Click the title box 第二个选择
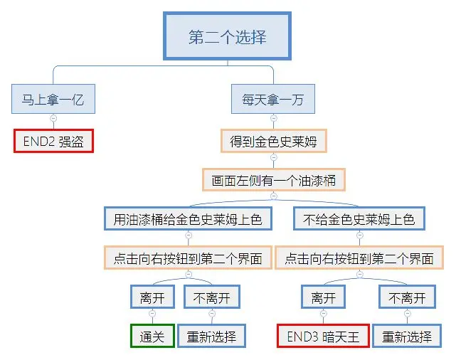tap(228, 37)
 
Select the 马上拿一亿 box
tap(53, 100)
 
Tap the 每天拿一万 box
tap(273, 100)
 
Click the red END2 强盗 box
tap(53, 141)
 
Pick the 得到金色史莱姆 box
tap(273, 141)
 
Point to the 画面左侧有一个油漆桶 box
tap(273, 180)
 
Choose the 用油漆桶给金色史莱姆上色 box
tap(188, 219)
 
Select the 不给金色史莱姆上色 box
tap(359, 219)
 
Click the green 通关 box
tap(152, 336)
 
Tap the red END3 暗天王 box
tap(323, 336)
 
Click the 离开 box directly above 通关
tap(152, 297)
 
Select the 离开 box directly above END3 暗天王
tap(323, 297)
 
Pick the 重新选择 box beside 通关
tap(212, 336)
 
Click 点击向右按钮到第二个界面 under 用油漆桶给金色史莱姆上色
tap(188, 258)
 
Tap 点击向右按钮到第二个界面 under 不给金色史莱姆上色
tap(359, 258)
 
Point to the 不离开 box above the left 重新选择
tap(212, 297)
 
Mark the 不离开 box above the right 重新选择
tap(407, 297)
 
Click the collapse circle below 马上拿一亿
tap(53, 119)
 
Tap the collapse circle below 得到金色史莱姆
tap(273, 158)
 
